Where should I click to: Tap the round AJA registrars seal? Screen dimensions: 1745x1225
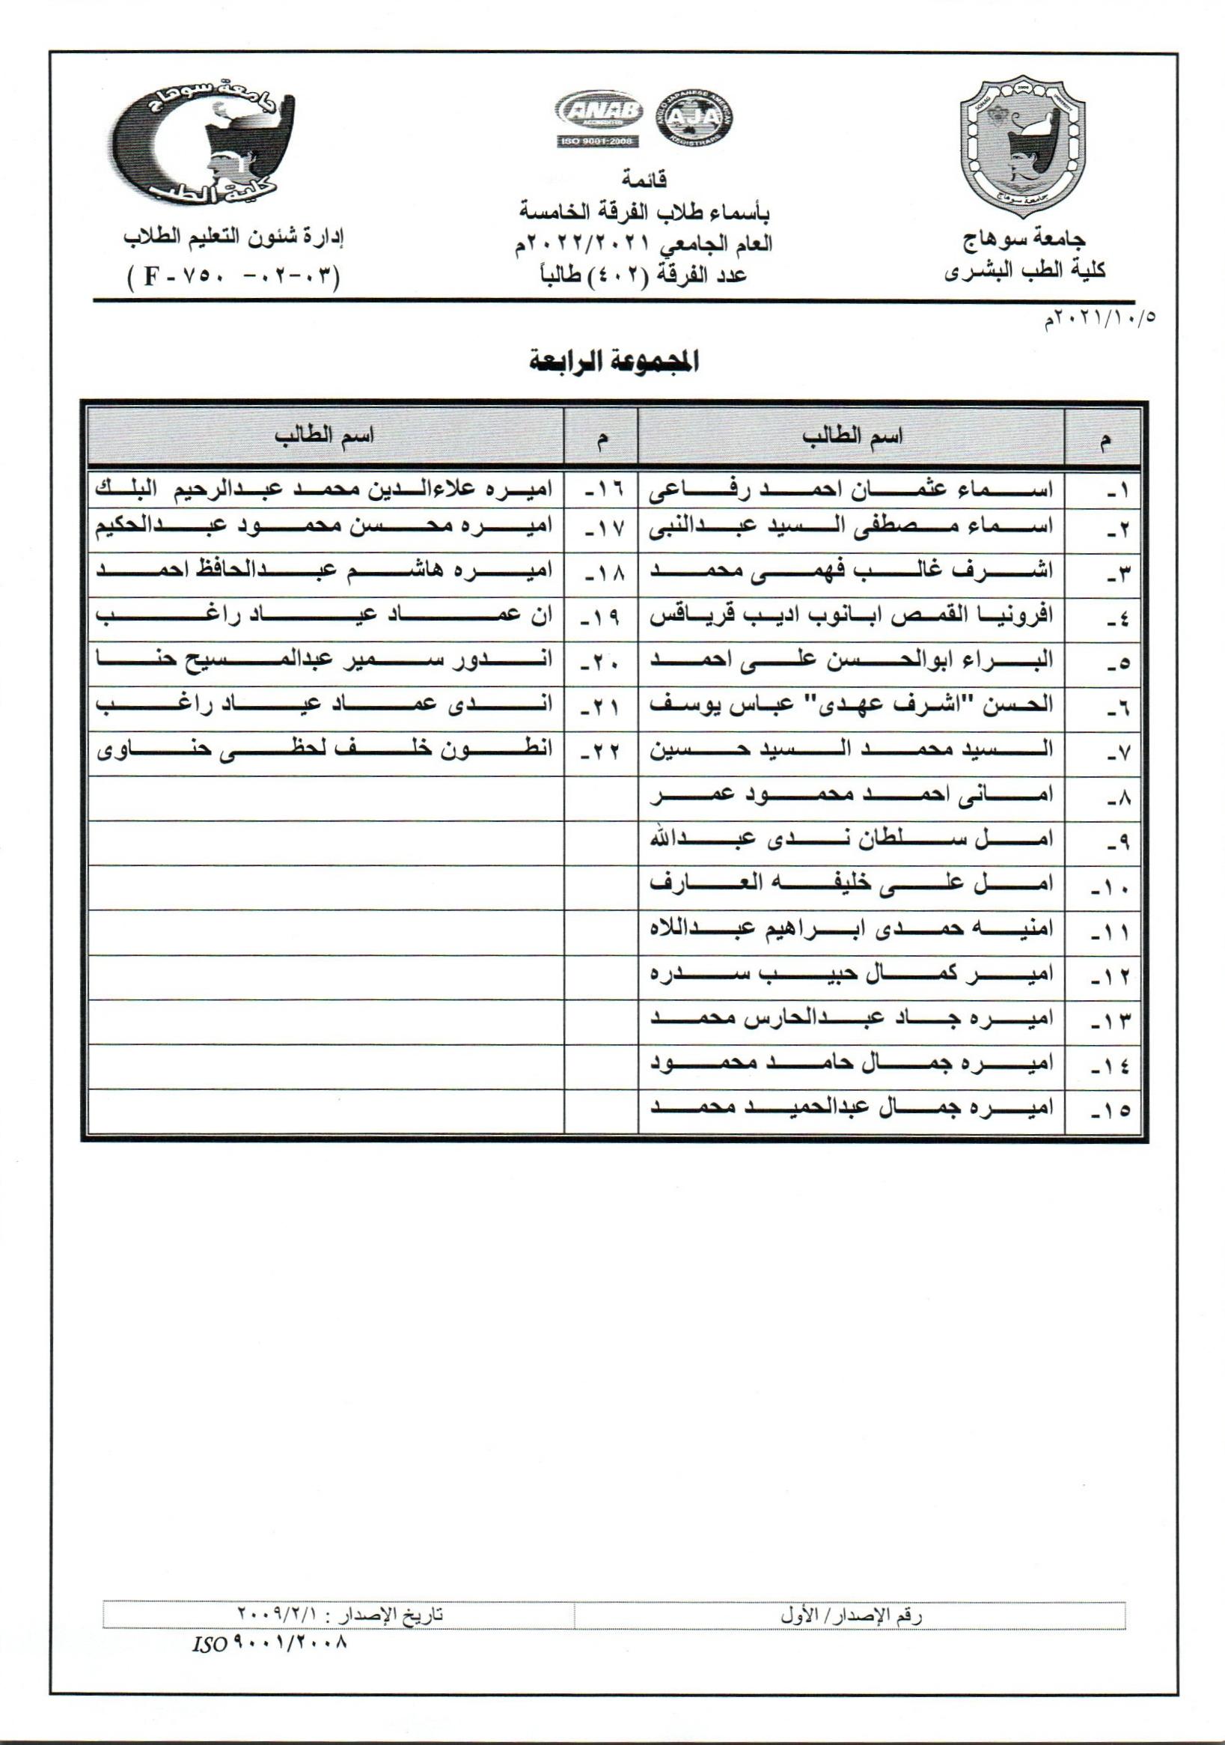(x=693, y=119)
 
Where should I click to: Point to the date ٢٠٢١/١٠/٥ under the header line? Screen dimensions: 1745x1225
(x=1102, y=320)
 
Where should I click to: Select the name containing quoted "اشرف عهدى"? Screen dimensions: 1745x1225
(x=851, y=704)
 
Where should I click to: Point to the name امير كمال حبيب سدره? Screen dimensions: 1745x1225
(x=851, y=975)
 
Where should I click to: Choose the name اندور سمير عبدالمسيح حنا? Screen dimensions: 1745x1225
(x=325, y=660)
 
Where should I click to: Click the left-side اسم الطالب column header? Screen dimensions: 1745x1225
(x=325, y=436)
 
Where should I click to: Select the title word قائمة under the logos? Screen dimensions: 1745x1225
(x=644, y=181)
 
